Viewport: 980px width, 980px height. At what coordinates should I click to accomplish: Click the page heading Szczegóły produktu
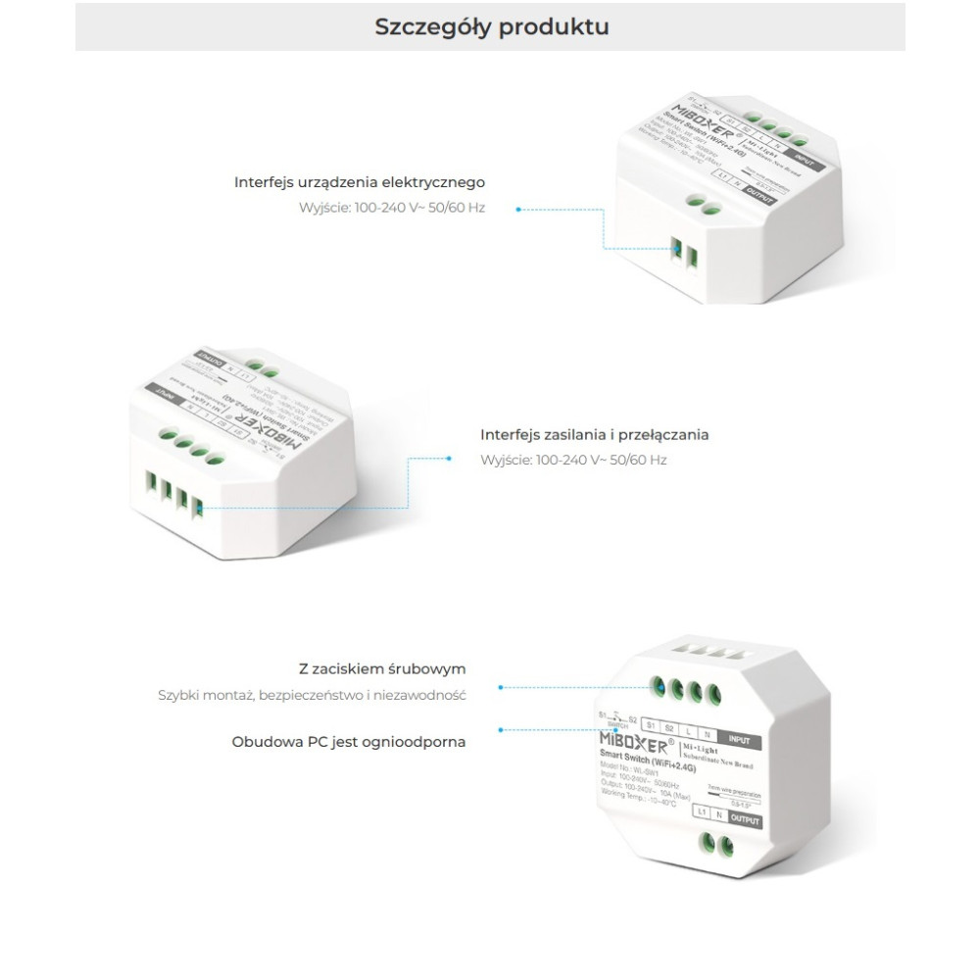[491, 26]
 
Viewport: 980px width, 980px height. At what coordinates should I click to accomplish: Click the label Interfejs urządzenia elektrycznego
[359, 182]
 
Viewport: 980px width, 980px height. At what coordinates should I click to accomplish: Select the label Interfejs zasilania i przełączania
[594, 434]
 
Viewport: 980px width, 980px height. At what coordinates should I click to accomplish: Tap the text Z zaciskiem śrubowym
[382, 669]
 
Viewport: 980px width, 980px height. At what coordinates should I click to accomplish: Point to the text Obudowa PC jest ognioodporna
[349, 742]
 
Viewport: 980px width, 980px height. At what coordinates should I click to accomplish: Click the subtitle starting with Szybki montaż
[312, 696]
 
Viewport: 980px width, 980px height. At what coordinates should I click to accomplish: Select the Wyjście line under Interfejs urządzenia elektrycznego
[392, 208]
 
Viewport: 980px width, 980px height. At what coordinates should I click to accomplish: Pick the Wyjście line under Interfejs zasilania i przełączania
[573, 460]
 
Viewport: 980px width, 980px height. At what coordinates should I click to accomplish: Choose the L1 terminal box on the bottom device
[700, 812]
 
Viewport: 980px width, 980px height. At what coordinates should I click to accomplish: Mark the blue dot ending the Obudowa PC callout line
[501, 730]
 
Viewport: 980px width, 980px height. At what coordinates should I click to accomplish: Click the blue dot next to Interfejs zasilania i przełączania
[449, 458]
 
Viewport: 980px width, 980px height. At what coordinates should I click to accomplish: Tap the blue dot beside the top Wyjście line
[518, 208]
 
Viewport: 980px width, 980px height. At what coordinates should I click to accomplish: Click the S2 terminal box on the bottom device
[667, 729]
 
